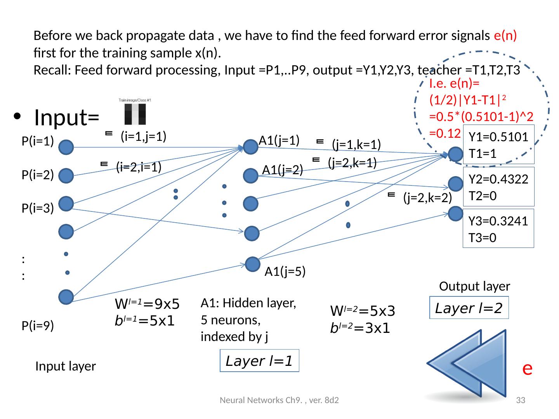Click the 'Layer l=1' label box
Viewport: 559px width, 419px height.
259,361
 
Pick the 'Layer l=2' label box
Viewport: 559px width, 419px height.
469,308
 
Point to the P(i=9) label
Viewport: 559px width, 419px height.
38,326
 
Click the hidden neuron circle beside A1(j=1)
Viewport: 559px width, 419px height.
250,147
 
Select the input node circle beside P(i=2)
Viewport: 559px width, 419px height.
67,176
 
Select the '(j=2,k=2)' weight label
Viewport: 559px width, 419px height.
427,198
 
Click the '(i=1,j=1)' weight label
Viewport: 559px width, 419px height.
143,136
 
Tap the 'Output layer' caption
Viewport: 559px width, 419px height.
474,286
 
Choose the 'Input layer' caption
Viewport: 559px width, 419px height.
66,366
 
